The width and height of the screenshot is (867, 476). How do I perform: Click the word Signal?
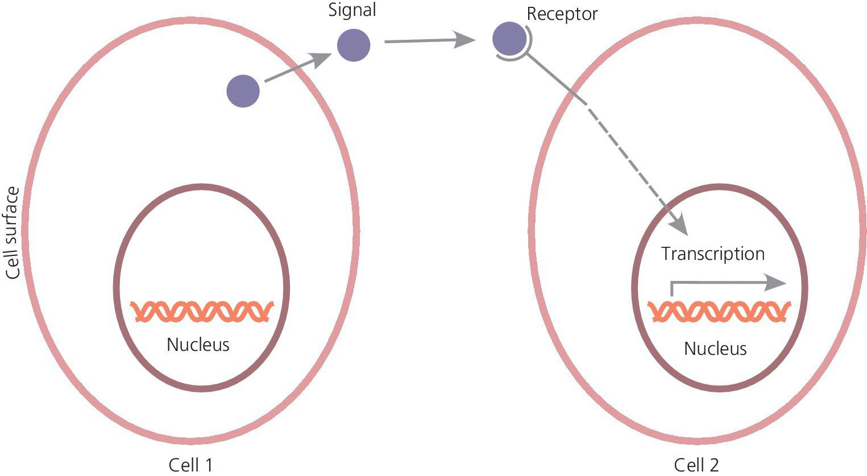tap(352, 10)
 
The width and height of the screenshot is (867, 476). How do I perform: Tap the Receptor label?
tap(562, 14)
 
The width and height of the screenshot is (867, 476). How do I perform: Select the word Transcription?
tap(712, 254)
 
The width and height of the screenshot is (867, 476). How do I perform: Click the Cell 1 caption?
tap(190, 465)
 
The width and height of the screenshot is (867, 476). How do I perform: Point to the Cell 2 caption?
tap(696, 465)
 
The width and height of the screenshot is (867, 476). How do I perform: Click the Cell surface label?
tap(13, 233)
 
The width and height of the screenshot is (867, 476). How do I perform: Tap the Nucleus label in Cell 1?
tap(198, 345)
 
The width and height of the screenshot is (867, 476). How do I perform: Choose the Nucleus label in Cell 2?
tap(715, 348)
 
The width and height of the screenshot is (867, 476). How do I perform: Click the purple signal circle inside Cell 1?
tap(243, 91)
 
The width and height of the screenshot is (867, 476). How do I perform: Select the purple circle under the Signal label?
tap(354, 45)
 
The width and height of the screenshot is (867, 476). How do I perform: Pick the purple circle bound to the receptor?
tap(509, 39)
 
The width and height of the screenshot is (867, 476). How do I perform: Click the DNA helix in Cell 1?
tap(202, 311)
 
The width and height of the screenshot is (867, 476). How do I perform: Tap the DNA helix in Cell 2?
tap(719, 312)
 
